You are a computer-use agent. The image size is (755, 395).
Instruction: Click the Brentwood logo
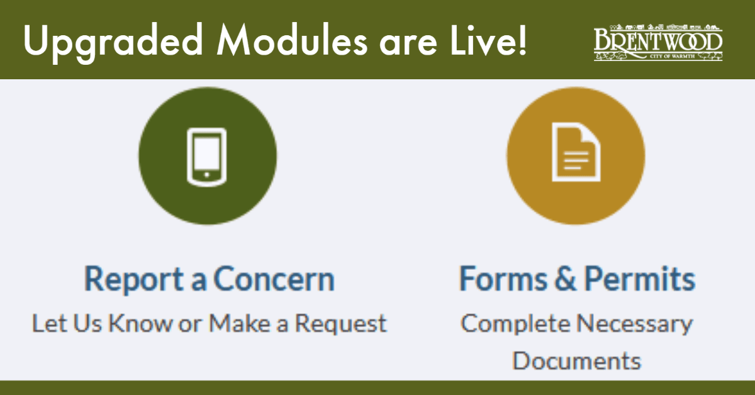(x=658, y=43)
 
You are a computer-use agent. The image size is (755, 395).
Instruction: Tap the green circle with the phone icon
(x=207, y=156)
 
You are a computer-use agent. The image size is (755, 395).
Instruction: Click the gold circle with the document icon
(x=576, y=156)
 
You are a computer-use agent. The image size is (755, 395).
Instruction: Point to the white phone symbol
(x=207, y=156)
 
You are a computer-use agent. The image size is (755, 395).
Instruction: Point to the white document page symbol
(x=576, y=152)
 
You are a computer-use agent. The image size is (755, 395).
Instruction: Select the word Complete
(x=513, y=325)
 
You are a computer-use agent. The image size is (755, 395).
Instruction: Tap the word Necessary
(x=635, y=325)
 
